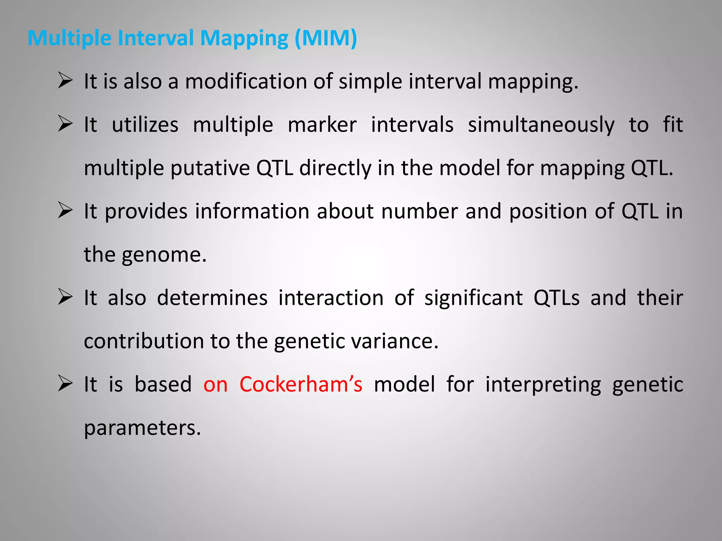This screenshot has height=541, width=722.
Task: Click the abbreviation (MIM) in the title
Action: tap(326, 38)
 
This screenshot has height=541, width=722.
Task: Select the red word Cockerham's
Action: tap(301, 384)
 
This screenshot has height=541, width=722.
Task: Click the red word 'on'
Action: tap(215, 384)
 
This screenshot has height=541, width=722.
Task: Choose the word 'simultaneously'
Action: tap(541, 125)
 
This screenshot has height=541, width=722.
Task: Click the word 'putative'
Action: tap(210, 168)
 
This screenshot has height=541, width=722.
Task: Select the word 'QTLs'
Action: tap(556, 298)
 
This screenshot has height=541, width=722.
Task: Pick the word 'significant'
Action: tap(473, 298)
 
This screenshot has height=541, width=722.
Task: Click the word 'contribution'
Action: tap(144, 341)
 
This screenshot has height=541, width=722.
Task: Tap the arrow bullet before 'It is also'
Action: tap(65, 81)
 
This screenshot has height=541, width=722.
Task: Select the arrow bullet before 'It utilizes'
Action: tap(65, 124)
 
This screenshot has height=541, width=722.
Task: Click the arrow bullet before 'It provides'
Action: tap(65, 211)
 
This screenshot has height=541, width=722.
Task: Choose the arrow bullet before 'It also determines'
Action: tap(65, 297)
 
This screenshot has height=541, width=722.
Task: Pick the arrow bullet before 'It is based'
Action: tap(65, 384)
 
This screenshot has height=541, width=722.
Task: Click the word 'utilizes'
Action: tap(145, 125)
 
